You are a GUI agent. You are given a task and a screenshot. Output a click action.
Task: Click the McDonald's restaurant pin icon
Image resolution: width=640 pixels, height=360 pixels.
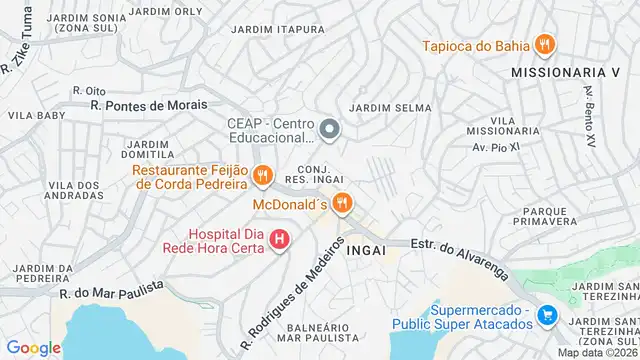(342, 203)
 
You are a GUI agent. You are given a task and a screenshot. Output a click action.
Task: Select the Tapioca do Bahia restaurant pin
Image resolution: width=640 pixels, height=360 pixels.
(544, 44)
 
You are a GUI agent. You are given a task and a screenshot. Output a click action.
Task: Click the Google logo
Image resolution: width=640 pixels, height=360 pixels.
(34, 348)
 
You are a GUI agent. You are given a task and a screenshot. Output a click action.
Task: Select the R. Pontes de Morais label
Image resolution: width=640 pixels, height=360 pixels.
(148, 104)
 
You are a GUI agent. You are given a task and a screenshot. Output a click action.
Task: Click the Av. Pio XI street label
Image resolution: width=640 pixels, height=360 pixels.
(491, 148)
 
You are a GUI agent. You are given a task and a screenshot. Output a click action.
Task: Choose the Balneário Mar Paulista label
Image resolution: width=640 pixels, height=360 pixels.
(318, 333)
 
